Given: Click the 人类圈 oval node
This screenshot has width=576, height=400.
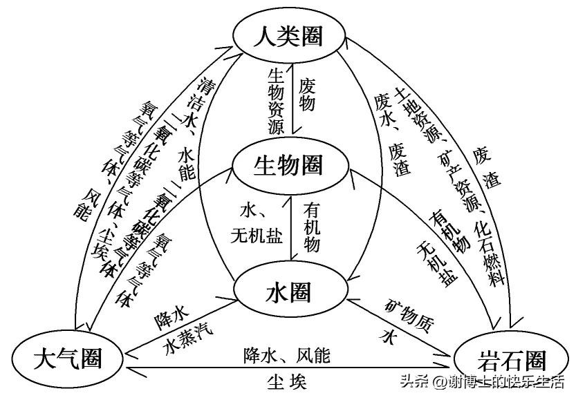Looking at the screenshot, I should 288,37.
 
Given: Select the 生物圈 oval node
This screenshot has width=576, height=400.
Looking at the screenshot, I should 288,165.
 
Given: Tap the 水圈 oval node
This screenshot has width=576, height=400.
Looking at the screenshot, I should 288,293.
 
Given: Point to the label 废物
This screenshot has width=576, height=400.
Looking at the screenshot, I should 307,94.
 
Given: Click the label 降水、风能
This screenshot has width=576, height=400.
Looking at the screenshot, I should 286,356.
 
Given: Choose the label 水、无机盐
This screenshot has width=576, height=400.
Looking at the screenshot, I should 257,222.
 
